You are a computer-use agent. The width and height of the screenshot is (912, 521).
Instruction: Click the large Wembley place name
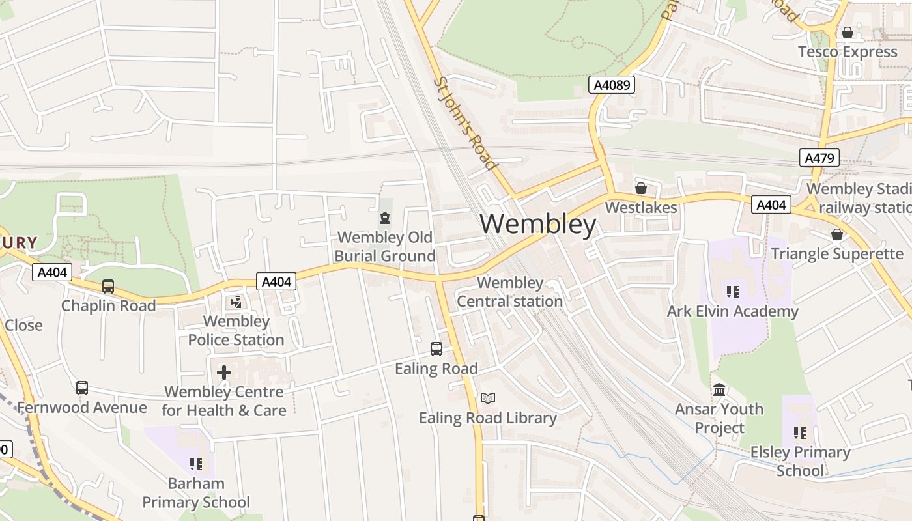(538, 225)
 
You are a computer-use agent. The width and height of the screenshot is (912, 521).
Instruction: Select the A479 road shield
(819, 158)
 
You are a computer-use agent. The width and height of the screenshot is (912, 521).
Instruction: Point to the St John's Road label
(465, 123)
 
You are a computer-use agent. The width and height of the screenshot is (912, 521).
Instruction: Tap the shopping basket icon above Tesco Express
(848, 33)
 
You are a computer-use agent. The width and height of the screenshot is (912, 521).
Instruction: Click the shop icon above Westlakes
(641, 188)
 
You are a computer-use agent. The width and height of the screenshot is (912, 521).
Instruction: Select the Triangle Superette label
(837, 253)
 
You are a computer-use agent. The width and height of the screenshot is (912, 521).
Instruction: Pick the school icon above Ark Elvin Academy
(732, 292)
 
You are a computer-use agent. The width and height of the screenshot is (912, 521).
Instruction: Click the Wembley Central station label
(509, 292)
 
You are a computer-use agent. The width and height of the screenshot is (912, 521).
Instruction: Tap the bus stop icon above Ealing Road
(436, 349)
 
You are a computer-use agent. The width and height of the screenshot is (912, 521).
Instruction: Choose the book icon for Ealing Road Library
(488, 398)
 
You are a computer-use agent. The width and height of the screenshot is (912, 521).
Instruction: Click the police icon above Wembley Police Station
(236, 302)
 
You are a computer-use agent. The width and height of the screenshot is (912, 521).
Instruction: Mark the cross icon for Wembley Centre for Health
(224, 373)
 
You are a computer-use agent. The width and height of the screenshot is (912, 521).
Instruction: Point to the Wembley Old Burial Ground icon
(385, 218)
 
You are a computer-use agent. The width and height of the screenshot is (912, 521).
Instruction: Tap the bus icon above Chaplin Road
(108, 287)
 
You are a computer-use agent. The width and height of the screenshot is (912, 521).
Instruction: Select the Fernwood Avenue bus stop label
(82, 408)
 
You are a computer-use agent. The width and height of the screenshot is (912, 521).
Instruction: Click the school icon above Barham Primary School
(196, 464)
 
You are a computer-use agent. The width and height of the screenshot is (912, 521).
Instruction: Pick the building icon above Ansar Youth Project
(719, 390)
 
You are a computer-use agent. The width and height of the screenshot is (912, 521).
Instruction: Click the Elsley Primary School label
(800, 461)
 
